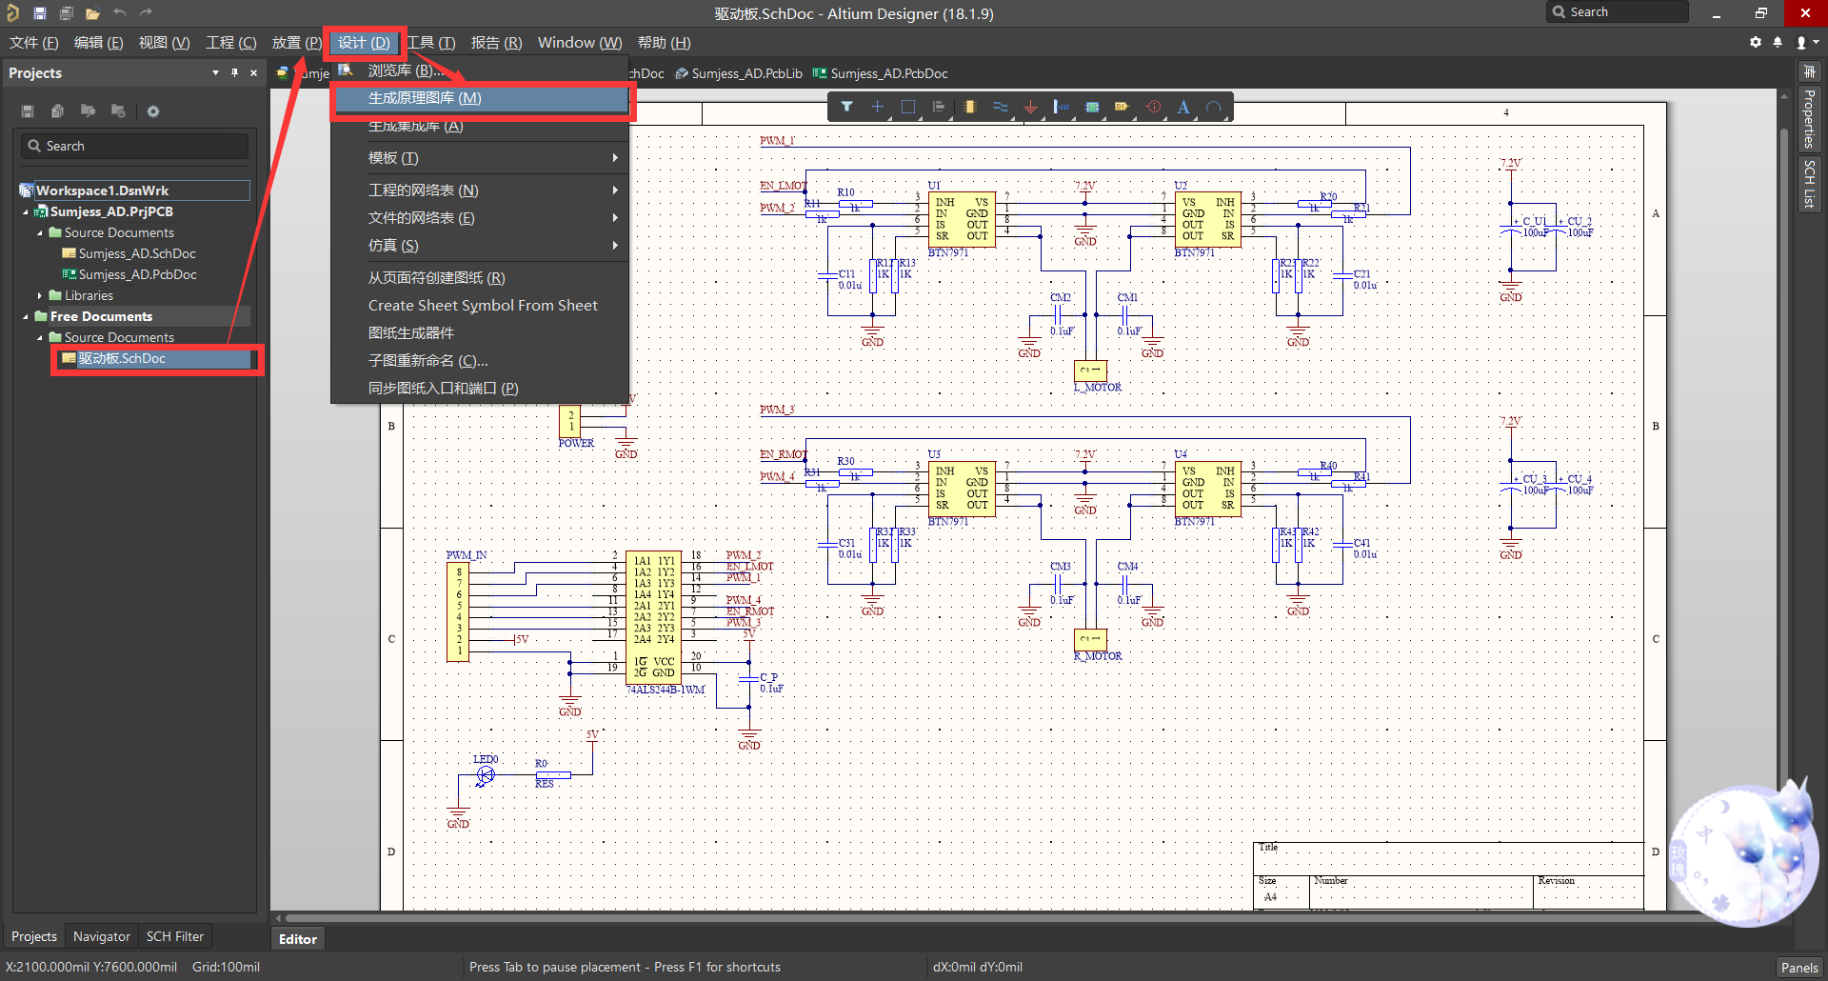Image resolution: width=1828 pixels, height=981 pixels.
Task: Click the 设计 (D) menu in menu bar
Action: click(364, 43)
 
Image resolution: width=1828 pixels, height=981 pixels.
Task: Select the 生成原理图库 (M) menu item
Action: click(425, 98)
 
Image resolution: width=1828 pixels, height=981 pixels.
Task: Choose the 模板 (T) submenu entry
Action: click(393, 158)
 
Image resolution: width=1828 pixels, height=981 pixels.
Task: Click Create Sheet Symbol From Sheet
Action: click(483, 306)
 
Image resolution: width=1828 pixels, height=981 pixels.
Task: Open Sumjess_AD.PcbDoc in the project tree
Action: click(137, 275)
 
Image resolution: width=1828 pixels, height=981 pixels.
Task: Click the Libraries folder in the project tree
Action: click(89, 296)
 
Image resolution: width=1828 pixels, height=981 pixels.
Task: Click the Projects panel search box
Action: click(135, 146)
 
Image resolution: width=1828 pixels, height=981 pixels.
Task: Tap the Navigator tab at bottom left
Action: click(101, 936)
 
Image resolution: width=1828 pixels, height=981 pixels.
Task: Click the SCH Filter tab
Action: click(174, 936)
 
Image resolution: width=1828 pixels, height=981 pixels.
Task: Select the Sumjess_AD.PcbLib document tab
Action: click(745, 73)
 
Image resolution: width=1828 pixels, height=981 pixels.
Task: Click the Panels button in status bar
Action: click(1798, 967)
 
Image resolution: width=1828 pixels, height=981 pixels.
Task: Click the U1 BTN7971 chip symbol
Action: click(962, 220)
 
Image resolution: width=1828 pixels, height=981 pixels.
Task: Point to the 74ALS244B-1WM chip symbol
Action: click(653, 616)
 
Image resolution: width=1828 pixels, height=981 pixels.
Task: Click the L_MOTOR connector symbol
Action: click(1090, 370)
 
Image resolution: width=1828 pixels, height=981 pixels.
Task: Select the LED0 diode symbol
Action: click(486, 775)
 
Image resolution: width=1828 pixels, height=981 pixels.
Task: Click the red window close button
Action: click(1805, 12)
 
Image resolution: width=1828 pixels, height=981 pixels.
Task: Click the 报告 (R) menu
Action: click(496, 43)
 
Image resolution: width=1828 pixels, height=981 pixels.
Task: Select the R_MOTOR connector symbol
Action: click(1090, 639)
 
